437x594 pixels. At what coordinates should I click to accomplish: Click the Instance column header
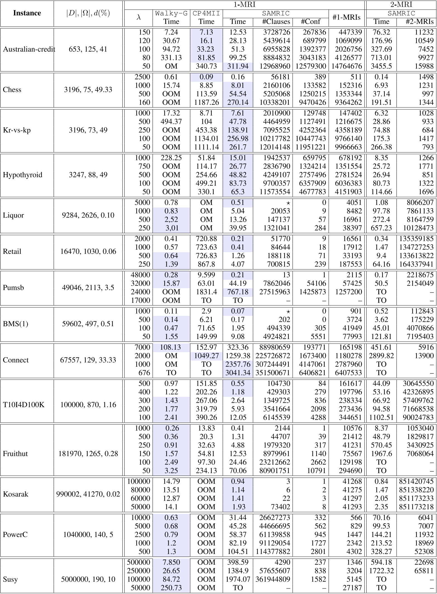[x=27, y=13]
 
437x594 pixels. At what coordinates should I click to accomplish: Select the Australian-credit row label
[x=29, y=49]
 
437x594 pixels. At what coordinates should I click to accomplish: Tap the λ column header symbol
[x=139, y=17]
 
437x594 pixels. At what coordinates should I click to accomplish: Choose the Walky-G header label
[x=171, y=13]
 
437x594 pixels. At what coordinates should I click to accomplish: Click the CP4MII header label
[x=206, y=13]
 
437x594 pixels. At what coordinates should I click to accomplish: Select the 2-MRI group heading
[x=401, y=4]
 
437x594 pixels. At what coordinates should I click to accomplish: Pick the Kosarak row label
[x=16, y=494]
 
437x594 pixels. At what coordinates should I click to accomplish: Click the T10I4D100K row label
[x=23, y=405]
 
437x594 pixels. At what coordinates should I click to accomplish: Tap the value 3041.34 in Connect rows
[x=238, y=373]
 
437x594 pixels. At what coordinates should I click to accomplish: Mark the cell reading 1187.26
[x=206, y=102]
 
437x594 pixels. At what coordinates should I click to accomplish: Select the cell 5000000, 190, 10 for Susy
[x=88, y=579]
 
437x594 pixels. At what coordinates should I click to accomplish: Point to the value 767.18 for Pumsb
[x=238, y=292]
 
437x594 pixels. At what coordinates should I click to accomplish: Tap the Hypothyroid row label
[x=23, y=175]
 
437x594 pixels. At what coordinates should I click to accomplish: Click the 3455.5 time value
[x=381, y=66]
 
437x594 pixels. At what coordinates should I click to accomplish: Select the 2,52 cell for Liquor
[x=171, y=220]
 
